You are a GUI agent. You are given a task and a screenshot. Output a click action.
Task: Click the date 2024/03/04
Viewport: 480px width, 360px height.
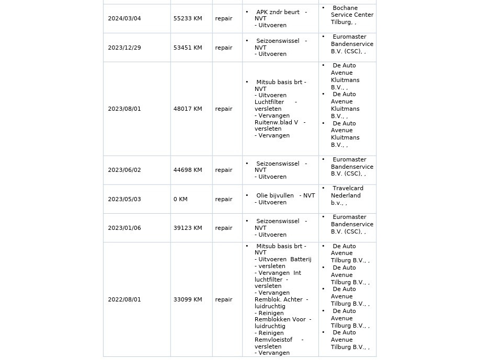[124, 19]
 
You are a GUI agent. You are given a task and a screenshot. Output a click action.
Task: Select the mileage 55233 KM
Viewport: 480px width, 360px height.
[188, 19]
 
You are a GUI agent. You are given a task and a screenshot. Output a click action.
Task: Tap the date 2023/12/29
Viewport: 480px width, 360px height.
[124, 48]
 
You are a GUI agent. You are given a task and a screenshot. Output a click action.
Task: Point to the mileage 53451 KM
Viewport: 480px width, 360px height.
[188, 48]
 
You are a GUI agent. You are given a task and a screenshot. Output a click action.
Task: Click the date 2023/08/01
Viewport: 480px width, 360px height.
[124, 109]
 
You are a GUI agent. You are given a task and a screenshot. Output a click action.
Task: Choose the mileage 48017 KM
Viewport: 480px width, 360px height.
[188, 109]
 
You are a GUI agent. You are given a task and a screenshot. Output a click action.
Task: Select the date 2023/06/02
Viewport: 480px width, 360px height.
[124, 170]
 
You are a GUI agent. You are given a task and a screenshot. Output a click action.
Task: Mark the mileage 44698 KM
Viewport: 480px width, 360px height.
[188, 170]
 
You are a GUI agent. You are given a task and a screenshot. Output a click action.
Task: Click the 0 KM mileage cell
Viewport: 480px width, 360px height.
[180, 200]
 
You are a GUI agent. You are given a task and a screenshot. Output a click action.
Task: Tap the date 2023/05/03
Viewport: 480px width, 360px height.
[124, 200]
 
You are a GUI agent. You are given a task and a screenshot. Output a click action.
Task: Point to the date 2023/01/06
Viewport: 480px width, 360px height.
[124, 228]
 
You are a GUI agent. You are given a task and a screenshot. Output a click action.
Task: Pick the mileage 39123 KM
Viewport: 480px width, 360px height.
[188, 228]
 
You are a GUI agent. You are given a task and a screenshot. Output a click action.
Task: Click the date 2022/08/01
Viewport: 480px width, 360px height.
[124, 300]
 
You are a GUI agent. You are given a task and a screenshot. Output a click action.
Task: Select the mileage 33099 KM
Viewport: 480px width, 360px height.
[188, 300]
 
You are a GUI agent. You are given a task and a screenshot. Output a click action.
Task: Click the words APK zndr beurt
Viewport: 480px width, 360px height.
[278, 12]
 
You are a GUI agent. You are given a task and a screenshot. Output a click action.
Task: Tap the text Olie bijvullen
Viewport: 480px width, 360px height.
[275, 196]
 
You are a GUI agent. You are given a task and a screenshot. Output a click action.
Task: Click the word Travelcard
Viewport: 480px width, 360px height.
[348, 189]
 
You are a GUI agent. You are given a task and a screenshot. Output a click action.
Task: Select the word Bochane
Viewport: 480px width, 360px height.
[345, 8]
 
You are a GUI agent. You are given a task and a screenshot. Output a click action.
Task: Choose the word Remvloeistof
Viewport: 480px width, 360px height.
[273, 340]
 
